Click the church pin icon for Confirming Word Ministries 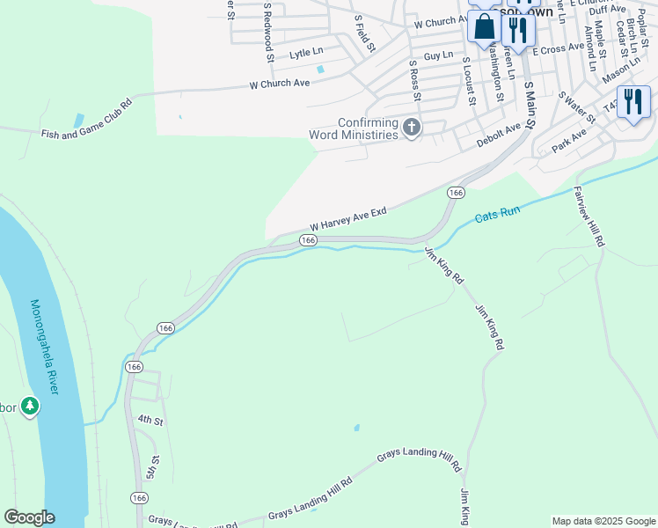click(x=411, y=128)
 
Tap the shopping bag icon click(x=484, y=27)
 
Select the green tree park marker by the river click(x=31, y=406)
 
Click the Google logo click(x=29, y=517)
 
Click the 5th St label click(x=155, y=466)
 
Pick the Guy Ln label click(x=437, y=55)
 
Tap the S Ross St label click(x=413, y=80)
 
